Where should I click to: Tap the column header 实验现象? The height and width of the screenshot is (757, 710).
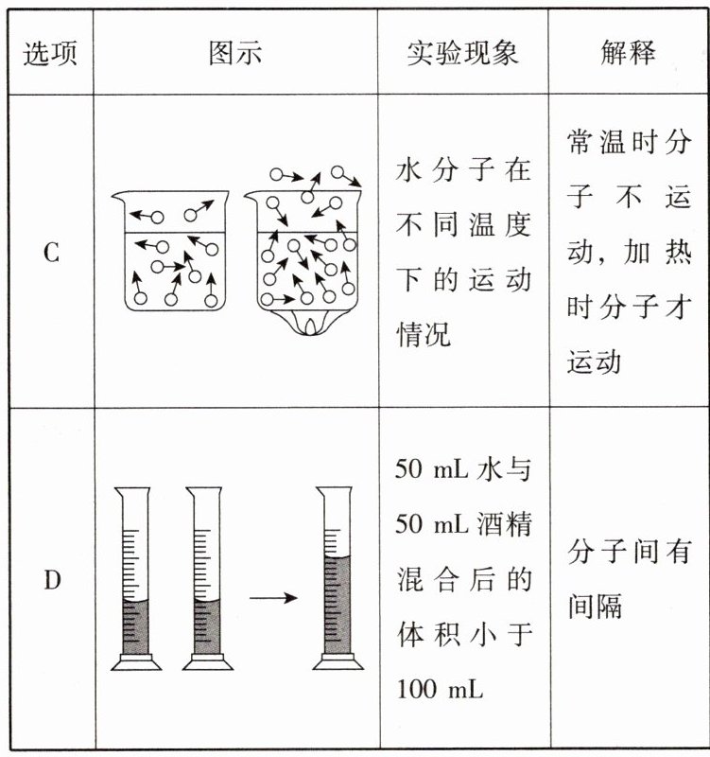click(x=462, y=54)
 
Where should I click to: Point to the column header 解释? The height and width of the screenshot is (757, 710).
click(x=628, y=54)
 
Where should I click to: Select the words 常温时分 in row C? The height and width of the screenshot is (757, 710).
click(x=628, y=144)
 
